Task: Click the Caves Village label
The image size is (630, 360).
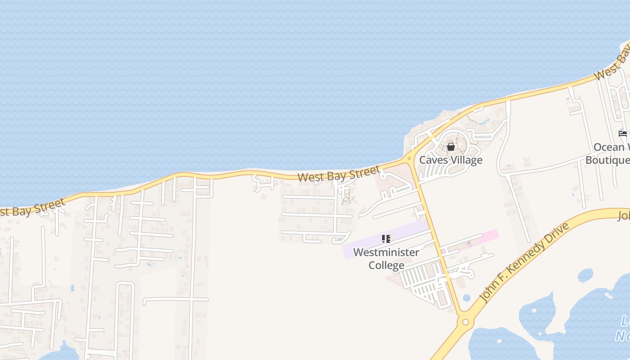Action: click(x=450, y=160)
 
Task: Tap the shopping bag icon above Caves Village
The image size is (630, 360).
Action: click(x=450, y=147)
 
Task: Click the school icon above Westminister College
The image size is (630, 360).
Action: click(x=386, y=239)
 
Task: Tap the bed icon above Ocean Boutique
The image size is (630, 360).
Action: click(x=623, y=134)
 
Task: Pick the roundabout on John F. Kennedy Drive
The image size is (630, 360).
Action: click(x=465, y=322)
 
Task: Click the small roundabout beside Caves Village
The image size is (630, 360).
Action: click(x=409, y=158)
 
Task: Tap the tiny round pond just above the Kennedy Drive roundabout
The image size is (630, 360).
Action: click(x=466, y=298)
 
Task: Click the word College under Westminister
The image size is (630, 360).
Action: click(x=386, y=265)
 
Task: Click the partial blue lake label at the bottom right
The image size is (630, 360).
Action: click(x=624, y=328)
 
